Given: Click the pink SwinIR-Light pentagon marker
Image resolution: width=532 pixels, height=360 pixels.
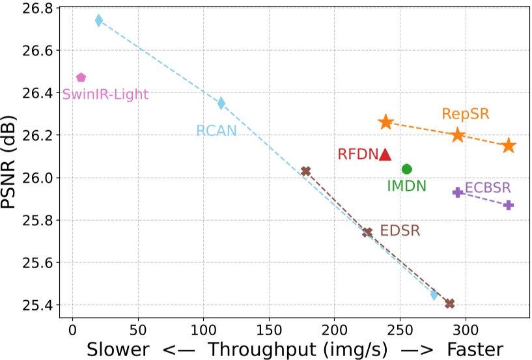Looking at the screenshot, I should click(81, 77).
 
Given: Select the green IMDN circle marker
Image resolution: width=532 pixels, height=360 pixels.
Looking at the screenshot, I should click(407, 169).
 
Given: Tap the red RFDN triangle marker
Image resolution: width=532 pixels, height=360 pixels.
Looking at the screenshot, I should click(385, 154).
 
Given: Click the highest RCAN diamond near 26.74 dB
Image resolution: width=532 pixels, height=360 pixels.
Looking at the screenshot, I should click(98, 21).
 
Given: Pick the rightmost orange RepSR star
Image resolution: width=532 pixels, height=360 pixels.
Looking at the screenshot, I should click(509, 146).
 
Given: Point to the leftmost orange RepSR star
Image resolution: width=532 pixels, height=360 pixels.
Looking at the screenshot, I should click(385, 122).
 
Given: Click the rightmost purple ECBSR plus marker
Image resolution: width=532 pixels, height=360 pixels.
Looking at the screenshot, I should click(509, 205).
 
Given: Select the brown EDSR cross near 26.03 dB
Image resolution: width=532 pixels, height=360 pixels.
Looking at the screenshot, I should click(305, 171).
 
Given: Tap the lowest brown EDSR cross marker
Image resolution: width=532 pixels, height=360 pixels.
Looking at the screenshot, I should click(449, 303).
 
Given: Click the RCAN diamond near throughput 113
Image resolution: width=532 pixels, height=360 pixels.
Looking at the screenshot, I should click(221, 103).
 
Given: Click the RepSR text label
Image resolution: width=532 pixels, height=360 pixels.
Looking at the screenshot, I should click(465, 114).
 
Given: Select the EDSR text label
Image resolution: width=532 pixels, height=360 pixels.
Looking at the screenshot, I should click(400, 230).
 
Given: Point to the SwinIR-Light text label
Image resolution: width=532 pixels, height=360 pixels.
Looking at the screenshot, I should click(105, 95).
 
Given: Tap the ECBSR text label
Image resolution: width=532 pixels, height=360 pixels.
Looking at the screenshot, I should click(488, 187).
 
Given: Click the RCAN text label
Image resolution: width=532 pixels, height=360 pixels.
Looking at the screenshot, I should click(216, 131).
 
